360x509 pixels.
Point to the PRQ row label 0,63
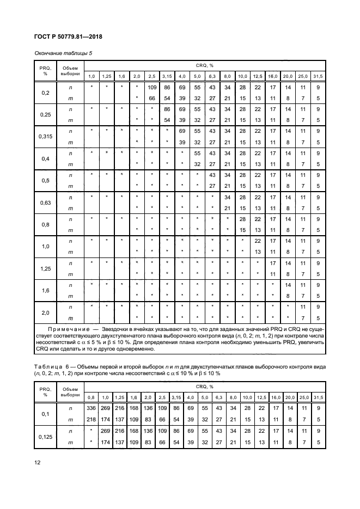pyautogui.click(x=46, y=202)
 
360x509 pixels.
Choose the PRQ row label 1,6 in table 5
pyautogui.click(x=46, y=290)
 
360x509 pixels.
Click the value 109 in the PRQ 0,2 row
pyautogui.click(x=152, y=87)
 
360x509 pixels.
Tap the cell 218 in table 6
pyautogui.click(x=91, y=418)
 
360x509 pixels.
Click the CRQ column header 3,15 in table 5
pyautogui.click(x=167, y=76)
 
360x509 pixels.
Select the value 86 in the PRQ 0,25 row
pyautogui.click(x=167, y=109)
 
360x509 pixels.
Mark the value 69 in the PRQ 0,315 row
pyautogui.click(x=182, y=131)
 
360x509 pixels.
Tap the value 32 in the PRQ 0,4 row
pyautogui.click(x=198, y=163)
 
